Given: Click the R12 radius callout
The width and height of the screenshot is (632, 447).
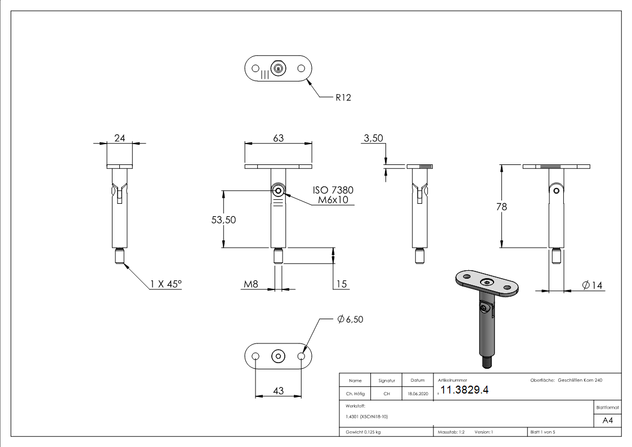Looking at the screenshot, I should pyautogui.click(x=343, y=97).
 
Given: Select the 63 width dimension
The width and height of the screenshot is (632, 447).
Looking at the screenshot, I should pyautogui.click(x=278, y=138).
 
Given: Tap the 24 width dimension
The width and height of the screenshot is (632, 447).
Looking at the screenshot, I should pyautogui.click(x=120, y=138).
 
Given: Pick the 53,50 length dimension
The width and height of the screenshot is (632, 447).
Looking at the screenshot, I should pyautogui.click(x=223, y=220).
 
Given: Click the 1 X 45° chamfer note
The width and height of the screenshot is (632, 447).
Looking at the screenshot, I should pyautogui.click(x=166, y=285).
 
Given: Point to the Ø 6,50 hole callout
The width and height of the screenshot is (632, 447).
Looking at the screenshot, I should pyautogui.click(x=350, y=319).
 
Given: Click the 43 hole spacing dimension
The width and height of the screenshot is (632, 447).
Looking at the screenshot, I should pyautogui.click(x=278, y=390).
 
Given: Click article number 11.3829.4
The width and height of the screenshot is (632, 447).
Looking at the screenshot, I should pyautogui.click(x=464, y=391).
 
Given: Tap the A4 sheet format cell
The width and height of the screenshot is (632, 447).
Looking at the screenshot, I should pyautogui.click(x=607, y=421).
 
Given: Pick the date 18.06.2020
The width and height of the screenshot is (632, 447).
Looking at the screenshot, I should pyautogui.click(x=417, y=394).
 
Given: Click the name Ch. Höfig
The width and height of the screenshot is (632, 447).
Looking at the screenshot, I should pyautogui.click(x=355, y=394).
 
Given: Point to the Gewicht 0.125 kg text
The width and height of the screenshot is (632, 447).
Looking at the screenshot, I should pyautogui.click(x=363, y=432).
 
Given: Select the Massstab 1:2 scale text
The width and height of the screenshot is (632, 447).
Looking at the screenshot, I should pyautogui.click(x=451, y=432).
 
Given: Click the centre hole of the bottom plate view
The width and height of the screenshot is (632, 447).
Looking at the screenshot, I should pyautogui.click(x=278, y=356).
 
